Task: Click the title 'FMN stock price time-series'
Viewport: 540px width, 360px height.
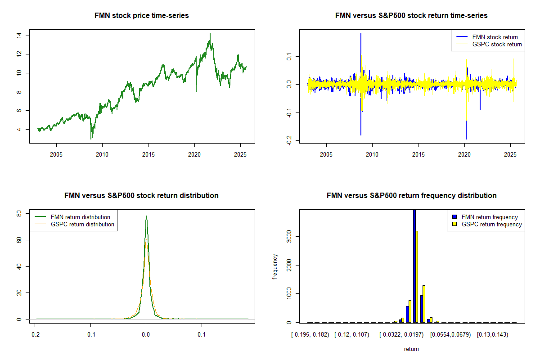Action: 142,15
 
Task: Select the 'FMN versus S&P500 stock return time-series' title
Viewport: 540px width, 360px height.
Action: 411,15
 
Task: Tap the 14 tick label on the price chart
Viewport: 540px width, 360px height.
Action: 18,36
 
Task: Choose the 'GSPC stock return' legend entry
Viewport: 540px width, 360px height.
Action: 497,44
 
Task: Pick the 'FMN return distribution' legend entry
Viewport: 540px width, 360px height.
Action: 81,217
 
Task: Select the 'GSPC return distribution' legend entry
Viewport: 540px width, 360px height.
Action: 82,224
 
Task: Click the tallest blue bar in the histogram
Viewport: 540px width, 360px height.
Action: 414,265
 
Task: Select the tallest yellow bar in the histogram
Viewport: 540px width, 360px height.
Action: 417,276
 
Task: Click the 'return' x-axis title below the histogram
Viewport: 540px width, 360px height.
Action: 411,349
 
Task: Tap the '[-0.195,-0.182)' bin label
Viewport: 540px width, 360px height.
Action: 310,334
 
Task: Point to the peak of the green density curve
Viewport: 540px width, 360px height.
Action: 146,216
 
